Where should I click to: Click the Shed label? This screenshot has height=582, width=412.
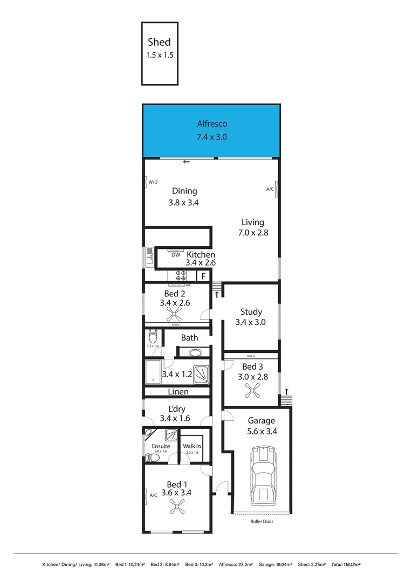[x=159, y=42]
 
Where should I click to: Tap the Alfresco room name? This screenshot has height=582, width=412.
[x=211, y=124]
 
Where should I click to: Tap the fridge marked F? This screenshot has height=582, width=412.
[x=203, y=276]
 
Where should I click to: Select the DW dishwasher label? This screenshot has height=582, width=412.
[x=176, y=255]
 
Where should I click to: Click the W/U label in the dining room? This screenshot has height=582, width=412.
[x=153, y=182]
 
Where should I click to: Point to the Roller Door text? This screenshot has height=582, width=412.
[x=262, y=522]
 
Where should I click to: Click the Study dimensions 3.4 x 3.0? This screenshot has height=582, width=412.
[x=251, y=322]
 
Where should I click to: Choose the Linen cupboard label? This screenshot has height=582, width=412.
[x=178, y=392]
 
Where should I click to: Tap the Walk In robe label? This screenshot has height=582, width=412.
[x=191, y=446]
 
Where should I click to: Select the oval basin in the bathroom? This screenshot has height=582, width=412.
[x=195, y=353]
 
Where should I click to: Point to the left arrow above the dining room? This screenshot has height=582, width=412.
[x=186, y=162]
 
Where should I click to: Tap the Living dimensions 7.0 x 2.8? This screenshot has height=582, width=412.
[x=252, y=233]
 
